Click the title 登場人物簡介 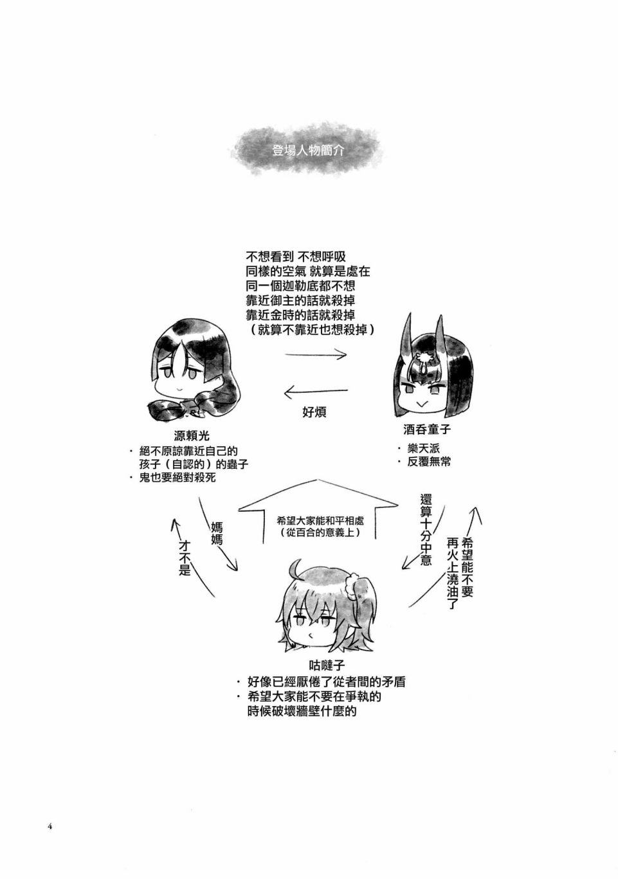pos(307,150)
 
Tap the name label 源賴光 pos(192,436)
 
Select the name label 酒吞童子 pos(427,430)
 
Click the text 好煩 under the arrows pos(314,412)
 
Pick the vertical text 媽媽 pos(216,532)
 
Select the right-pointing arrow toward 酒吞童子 pos(316,355)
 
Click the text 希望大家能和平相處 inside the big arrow pos(320,521)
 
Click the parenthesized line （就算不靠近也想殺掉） pos(311,330)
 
